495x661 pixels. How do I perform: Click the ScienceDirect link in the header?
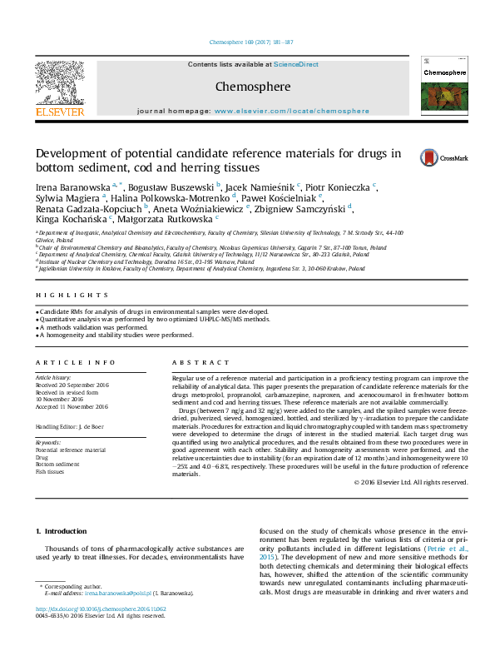coord(296,64)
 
